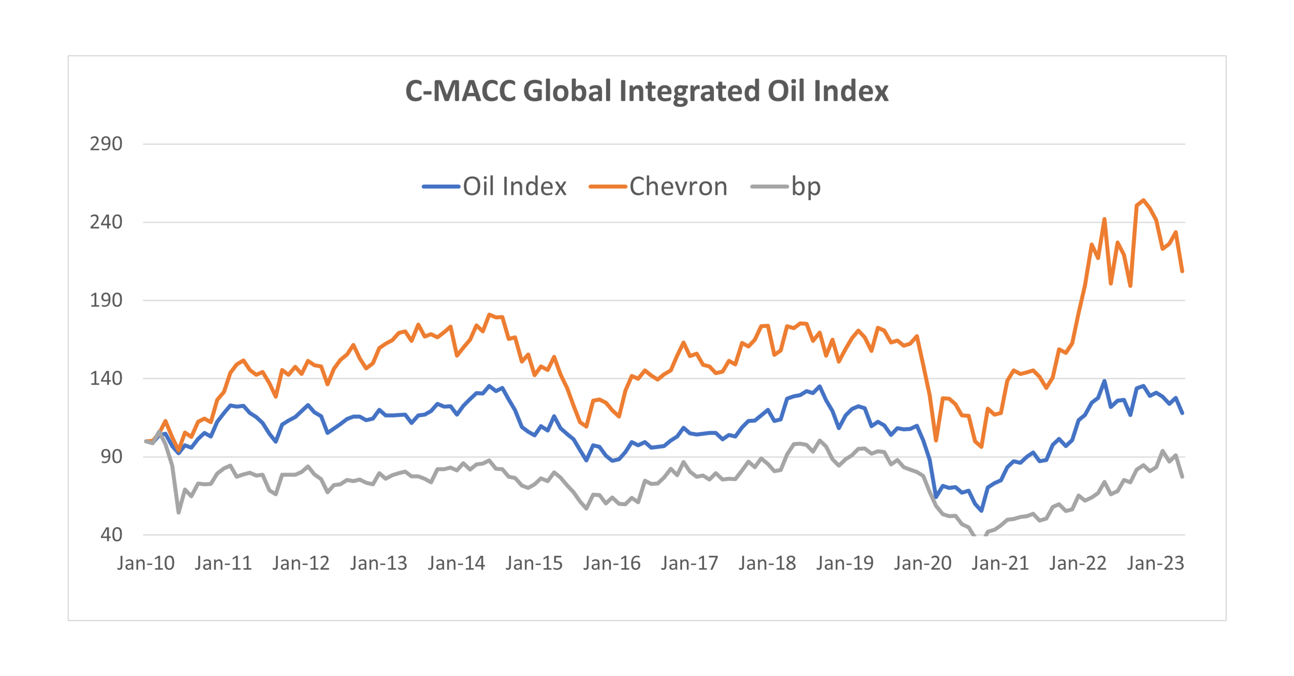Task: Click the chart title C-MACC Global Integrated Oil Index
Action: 647,91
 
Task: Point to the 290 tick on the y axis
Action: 106,144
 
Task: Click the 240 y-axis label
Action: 106,222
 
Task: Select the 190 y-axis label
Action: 106,300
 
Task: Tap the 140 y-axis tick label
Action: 106,378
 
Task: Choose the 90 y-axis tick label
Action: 111,457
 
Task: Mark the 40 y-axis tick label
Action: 111,535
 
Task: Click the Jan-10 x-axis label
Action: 146,564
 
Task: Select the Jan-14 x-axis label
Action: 456,564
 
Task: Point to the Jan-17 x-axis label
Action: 689,564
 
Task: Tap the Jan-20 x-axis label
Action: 922,564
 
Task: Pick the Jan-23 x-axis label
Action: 1155,564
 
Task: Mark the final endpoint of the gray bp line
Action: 1183,477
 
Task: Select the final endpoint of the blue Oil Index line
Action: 1183,413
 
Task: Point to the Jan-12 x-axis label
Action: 301,564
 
